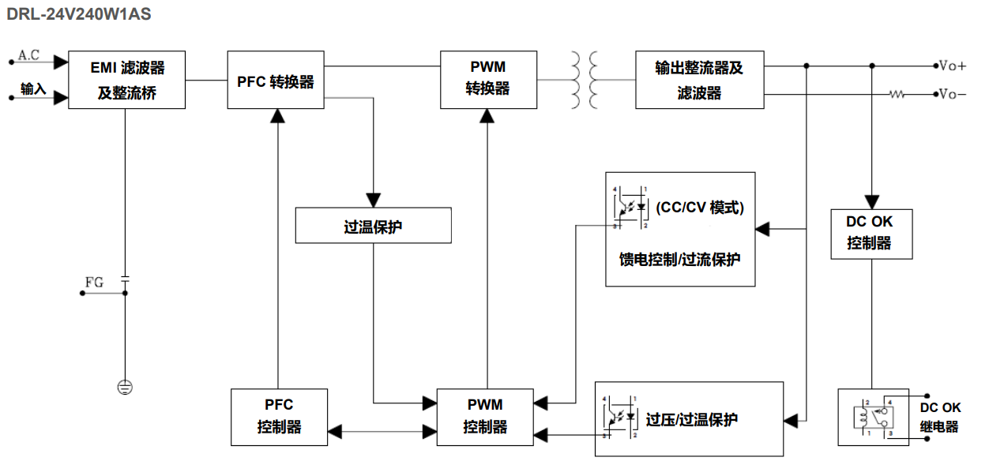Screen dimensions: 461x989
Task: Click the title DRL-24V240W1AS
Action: (x=79, y=13)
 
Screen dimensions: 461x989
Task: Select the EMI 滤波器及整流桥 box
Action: (x=126, y=80)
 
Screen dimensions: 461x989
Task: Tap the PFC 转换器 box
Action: (x=276, y=81)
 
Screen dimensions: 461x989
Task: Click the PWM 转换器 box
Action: (x=488, y=80)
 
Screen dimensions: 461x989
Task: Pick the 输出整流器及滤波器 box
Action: (x=699, y=80)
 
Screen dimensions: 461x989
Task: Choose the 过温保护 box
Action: (x=373, y=226)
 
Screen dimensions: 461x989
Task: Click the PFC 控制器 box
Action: (x=278, y=416)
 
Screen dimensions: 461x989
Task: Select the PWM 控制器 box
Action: (x=485, y=416)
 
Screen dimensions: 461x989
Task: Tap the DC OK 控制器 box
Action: (x=871, y=234)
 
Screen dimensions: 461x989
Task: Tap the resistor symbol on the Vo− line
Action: (x=897, y=95)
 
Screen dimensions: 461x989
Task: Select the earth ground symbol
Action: (x=125, y=387)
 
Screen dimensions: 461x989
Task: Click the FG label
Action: (x=93, y=282)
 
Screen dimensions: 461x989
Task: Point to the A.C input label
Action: (x=29, y=55)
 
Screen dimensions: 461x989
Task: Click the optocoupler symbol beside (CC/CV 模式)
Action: (x=630, y=208)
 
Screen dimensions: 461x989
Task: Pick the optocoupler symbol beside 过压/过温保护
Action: (x=619, y=416)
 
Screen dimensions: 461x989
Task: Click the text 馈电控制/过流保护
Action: (x=679, y=259)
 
